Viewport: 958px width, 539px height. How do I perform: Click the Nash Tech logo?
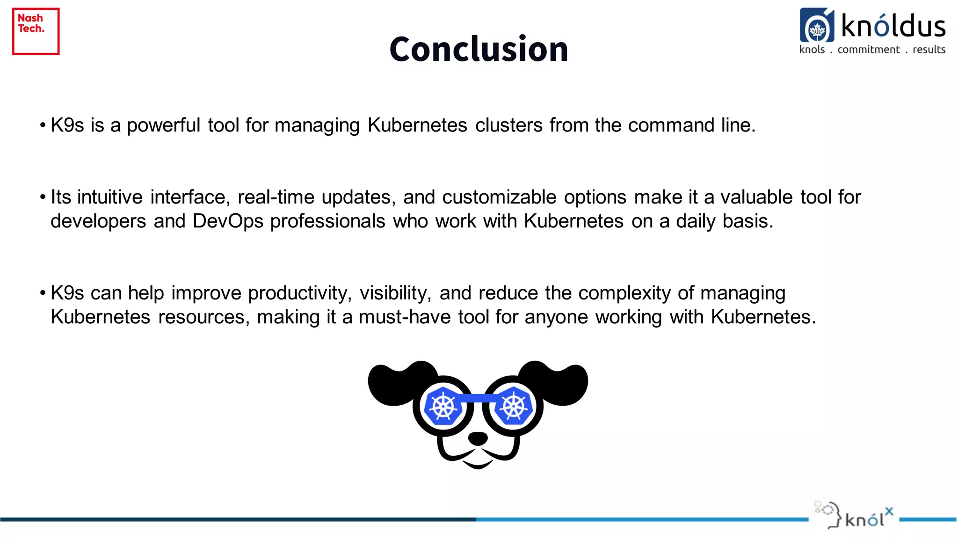click(36, 31)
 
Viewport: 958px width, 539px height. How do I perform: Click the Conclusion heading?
click(479, 49)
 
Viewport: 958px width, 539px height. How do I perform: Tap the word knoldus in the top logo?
click(893, 26)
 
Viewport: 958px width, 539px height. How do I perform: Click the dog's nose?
click(478, 438)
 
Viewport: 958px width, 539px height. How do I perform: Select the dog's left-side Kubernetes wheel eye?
click(443, 406)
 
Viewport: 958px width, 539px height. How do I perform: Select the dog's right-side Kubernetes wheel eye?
click(514, 406)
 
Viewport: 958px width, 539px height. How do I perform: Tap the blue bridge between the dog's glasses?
click(478, 398)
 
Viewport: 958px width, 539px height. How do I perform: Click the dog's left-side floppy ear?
click(398, 381)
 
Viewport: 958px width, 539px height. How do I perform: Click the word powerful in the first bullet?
click(163, 126)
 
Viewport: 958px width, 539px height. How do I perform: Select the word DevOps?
click(228, 221)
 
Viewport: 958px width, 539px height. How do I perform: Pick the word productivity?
click(299, 293)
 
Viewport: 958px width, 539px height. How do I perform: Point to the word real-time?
click(276, 197)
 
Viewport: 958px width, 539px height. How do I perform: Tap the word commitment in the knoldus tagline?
click(868, 50)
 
